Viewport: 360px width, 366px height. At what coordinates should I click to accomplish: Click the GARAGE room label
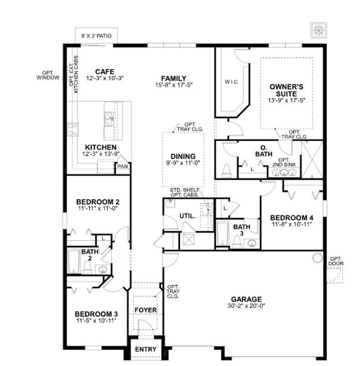[x=246, y=299]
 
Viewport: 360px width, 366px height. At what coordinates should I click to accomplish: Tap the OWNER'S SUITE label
[x=286, y=90]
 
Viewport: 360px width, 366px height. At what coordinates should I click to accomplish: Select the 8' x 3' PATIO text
[x=96, y=35]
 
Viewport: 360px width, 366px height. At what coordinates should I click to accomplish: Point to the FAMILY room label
[x=173, y=78]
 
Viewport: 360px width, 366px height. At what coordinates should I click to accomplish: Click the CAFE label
[x=105, y=72]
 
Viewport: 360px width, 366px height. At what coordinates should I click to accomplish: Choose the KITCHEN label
[x=101, y=147]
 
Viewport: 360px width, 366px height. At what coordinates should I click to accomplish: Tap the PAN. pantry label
[x=122, y=167]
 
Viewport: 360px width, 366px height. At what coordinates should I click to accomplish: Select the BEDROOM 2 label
[x=97, y=202]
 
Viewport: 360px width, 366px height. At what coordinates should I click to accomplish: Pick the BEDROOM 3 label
[x=96, y=314]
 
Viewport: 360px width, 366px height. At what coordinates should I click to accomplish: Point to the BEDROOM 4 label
[x=291, y=217]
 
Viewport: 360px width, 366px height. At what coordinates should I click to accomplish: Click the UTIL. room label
[x=188, y=216]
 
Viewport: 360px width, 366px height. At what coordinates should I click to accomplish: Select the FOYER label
[x=145, y=310]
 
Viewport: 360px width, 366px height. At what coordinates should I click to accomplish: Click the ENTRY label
[x=146, y=350]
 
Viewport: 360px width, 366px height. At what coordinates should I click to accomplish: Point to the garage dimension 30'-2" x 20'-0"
[x=246, y=307]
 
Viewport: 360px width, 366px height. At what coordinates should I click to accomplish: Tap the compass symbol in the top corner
[x=319, y=30]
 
